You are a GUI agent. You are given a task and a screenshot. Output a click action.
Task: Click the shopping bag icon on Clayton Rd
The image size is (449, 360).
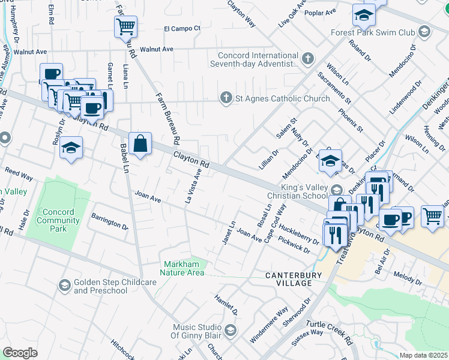click(x=140, y=144)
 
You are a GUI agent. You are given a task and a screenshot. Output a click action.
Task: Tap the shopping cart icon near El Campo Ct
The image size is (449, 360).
click(x=125, y=26)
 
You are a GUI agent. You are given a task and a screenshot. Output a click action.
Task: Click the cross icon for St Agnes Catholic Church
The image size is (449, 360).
click(x=226, y=98)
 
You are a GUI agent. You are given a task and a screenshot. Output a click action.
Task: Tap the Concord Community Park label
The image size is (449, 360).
click(x=58, y=217)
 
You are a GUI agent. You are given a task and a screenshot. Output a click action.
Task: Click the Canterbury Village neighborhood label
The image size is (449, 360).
click(x=289, y=279)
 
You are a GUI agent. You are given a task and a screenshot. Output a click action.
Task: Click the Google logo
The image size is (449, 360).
click(x=20, y=352)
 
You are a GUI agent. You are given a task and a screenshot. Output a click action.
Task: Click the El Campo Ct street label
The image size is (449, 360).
click(x=182, y=28)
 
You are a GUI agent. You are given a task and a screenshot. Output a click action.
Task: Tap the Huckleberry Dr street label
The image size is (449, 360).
click(x=299, y=235)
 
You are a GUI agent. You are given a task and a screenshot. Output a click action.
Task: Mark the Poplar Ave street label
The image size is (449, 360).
click(x=321, y=12)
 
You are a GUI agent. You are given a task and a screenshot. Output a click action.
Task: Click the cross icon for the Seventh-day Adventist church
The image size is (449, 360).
click(x=308, y=59)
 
